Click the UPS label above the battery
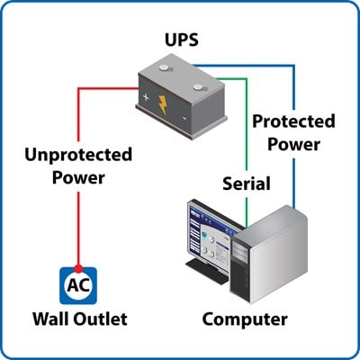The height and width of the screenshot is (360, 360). coord(182,40)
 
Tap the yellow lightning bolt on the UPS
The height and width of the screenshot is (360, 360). coord(163,104)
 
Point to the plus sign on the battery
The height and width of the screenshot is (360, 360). coord(146,97)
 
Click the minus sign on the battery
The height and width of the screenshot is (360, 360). coord(184,119)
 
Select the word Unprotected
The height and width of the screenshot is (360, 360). coord(78,156)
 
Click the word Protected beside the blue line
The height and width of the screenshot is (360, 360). coord(293,121)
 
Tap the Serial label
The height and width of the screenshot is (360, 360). coord(247,184)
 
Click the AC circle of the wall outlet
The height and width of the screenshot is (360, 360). coord(78,286)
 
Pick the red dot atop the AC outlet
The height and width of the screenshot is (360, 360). coord(78,268)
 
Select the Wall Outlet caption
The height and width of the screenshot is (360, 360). coord(80,319)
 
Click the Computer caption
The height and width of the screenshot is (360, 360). coord(245,320)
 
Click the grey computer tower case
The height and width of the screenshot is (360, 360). coord(269,255)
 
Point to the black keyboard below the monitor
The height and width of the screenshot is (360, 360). coord(208,271)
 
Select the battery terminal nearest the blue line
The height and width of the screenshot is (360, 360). coord(164,67)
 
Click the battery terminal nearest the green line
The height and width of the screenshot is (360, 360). coord(198,87)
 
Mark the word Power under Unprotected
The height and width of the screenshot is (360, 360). coord(78,178)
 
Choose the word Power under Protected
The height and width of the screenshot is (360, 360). coord(293,145)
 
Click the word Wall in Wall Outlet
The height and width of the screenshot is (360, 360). coord(51,319)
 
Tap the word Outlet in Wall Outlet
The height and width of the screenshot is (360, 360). coord(101,319)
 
